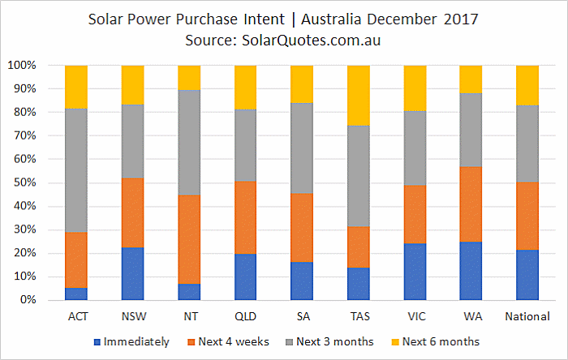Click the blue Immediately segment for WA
471,271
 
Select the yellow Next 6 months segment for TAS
359,96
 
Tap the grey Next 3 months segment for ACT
76,170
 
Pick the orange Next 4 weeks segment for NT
189,239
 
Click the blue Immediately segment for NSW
132,273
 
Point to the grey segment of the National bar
527,144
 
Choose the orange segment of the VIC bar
415,215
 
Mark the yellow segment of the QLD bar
246,88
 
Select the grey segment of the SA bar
302,148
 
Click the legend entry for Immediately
131,341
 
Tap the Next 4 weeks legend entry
228,341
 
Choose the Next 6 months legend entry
436,341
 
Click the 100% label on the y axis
22,66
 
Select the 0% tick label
28,300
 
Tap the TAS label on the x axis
359,316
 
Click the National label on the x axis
527,316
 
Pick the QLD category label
246,316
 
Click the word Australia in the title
331,19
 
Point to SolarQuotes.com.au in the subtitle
311,41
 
